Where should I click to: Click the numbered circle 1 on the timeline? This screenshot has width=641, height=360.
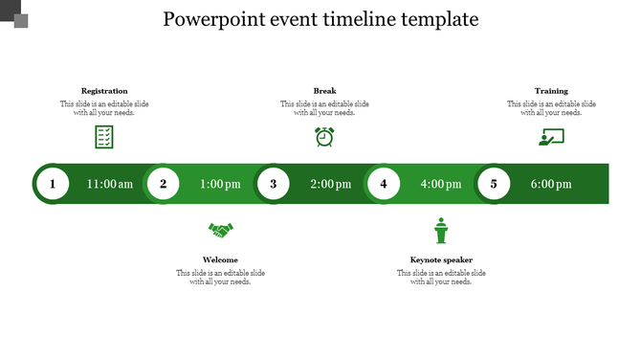coord(53,184)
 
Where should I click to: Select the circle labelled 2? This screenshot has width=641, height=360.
coord(164,184)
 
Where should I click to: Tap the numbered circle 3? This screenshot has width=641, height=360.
coord(274,184)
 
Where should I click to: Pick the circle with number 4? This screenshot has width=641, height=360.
coord(384,184)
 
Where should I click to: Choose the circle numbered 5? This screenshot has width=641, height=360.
coord(494,184)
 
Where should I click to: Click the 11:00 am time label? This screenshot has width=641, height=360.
coord(110,184)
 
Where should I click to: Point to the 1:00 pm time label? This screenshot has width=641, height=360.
coord(220,184)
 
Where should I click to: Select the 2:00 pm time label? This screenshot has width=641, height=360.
coord(331,184)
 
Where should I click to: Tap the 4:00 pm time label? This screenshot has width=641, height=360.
coord(441,184)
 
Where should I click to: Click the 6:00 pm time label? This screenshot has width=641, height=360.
coord(551,184)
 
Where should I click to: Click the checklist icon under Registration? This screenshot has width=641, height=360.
coord(104,137)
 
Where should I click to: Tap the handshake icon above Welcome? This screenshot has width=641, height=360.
coord(221,231)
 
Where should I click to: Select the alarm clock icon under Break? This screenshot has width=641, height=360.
coord(325,137)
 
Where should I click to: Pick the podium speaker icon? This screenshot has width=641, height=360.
coord(441,231)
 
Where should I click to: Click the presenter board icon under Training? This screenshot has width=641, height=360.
coord(551,137)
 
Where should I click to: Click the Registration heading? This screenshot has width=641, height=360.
coord(104,91)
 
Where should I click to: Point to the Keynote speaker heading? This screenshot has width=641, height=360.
coord(441,259)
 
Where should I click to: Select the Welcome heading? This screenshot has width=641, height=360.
coord(221,259)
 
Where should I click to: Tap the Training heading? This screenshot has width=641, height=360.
coord(551,91)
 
